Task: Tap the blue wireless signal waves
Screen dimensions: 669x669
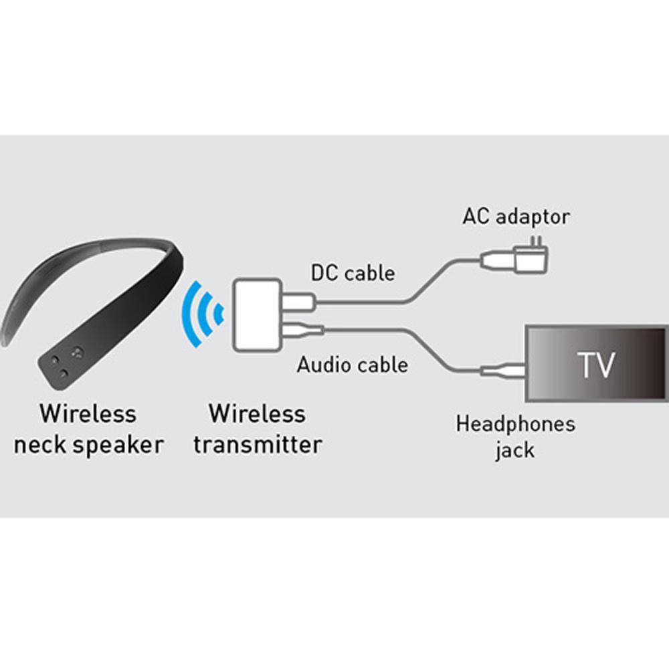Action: [x=204, y=312]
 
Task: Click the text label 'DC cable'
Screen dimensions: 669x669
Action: [x=353, y=273]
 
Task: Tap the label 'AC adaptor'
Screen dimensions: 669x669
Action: [x=516, y=216]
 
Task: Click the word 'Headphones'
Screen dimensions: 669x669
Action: [x=515, y=423]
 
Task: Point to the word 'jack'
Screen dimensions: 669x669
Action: [x=515, y=450]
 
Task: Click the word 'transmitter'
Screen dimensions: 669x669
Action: [x=258, y=444]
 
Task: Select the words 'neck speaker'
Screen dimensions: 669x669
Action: [x=88, y=444]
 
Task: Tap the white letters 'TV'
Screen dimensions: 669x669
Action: [x=595, y=365]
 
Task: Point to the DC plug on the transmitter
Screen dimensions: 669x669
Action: [x=298, y=302]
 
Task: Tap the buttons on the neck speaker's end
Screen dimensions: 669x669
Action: [x=67, y=361]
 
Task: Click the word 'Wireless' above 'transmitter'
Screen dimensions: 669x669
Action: [x=258, y=413]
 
